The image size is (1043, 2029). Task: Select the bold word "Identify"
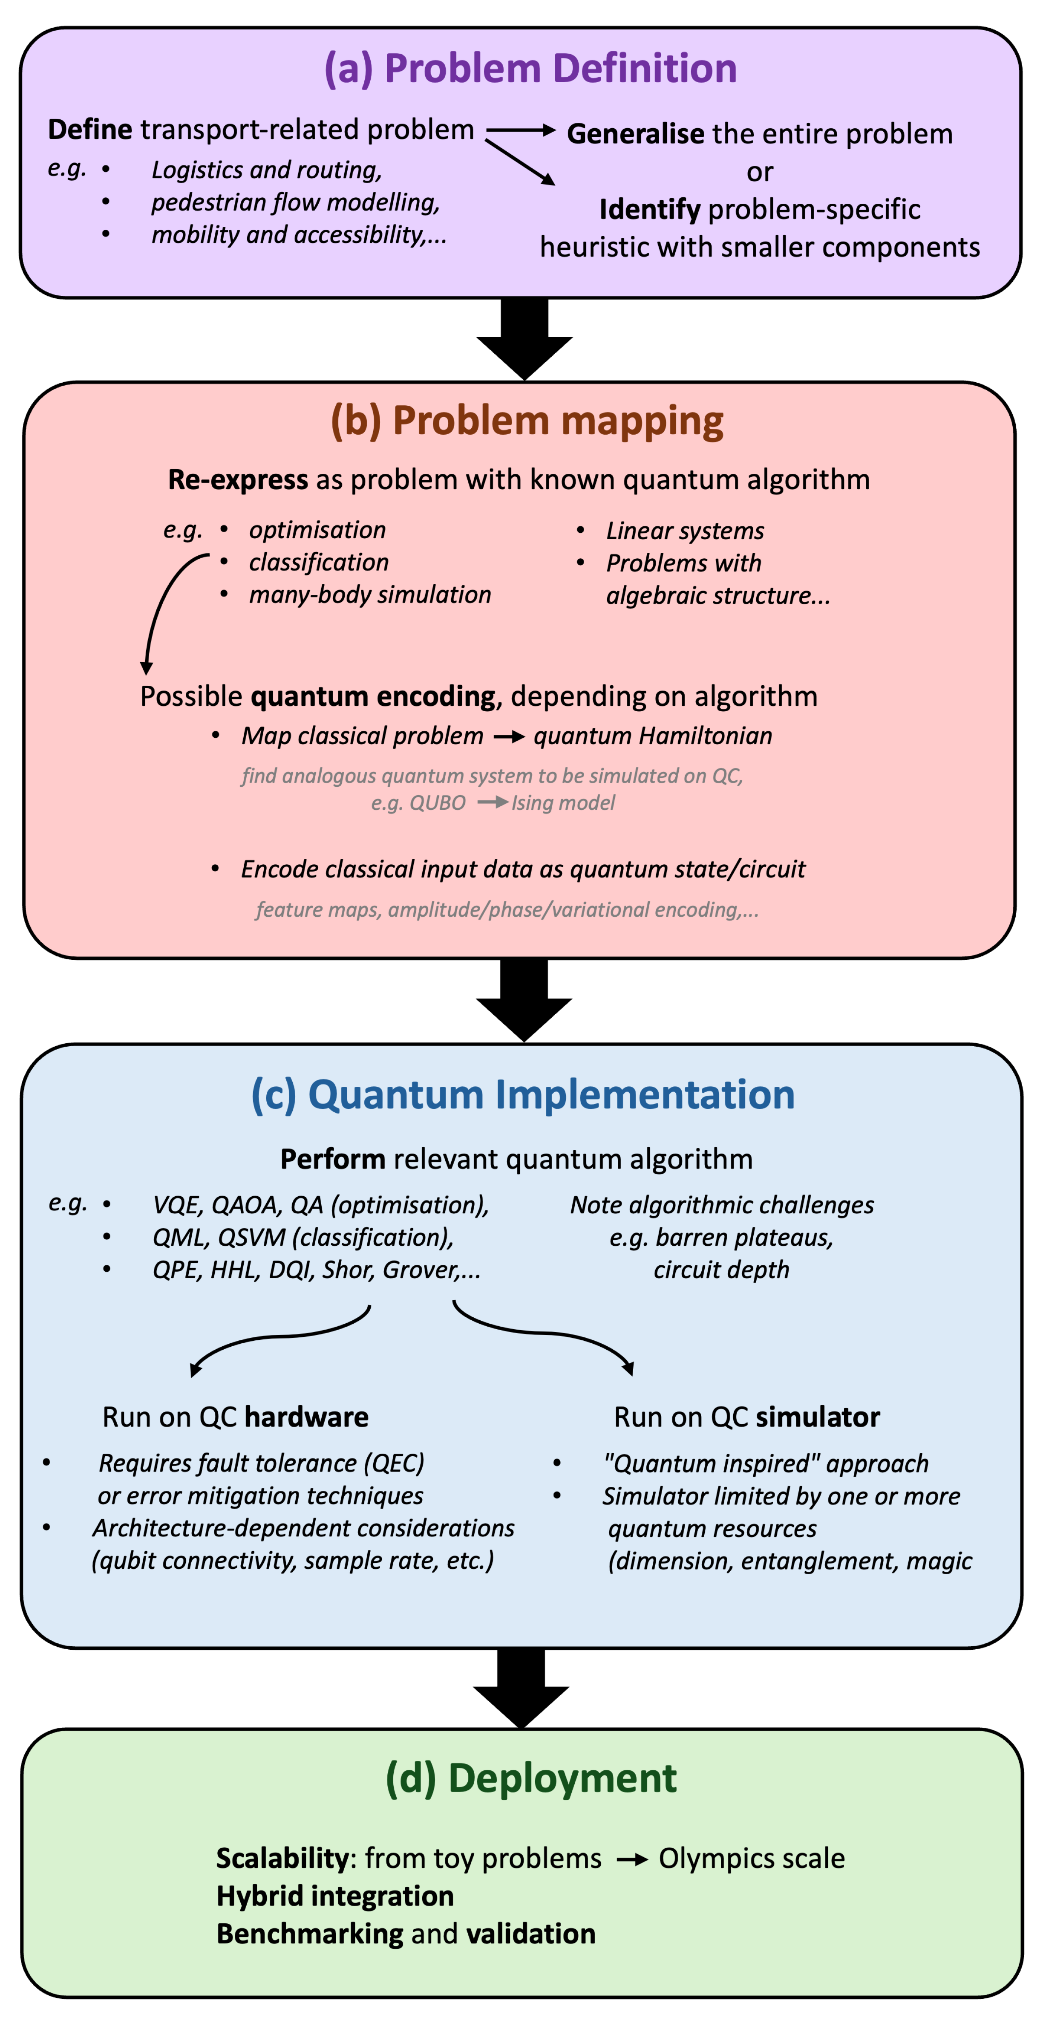click(x=649, y=210)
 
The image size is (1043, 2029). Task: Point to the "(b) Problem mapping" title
click(x=527, y=421)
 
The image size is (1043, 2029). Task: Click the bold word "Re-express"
click(x=238, y=480)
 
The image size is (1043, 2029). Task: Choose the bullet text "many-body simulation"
click(x=370, y=595)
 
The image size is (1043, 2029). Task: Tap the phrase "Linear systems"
click(x=685, y=531)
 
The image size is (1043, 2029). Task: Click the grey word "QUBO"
click(x=438, y=802)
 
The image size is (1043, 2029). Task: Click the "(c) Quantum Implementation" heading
click(x=523, y=1095)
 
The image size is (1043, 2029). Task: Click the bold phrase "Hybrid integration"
click(x=335, y=1896)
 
